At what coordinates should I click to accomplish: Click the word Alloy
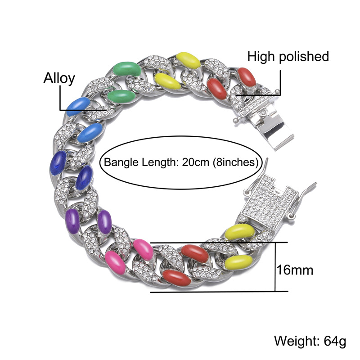point(58,78)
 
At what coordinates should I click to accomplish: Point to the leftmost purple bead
point(72,219)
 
